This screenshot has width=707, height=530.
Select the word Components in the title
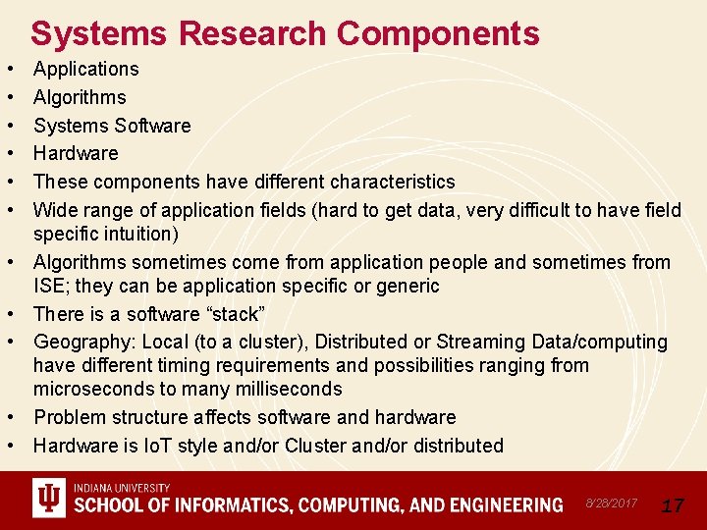[x=438, y=33]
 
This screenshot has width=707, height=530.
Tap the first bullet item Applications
[x=86, y=69]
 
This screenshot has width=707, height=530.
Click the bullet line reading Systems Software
[x=112, y=126]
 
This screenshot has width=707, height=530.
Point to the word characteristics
[x=392, y=182]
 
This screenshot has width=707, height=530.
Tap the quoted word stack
[x=232, y=314]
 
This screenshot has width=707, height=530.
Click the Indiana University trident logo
[x=47, y=500]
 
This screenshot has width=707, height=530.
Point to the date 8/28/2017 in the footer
[x=611, y=503]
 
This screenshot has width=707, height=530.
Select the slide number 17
[x=673, y=505]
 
